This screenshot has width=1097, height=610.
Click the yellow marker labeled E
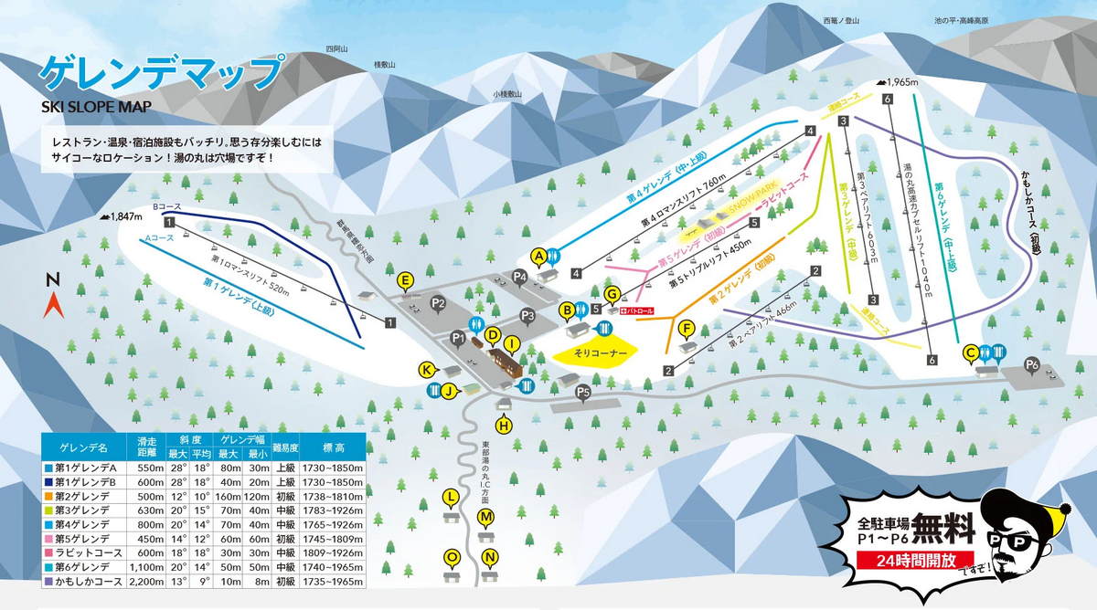click(x=406, y=279)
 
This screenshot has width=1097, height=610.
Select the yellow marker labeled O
click(x=451, y=556)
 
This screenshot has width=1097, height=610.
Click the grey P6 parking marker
click(x=1032, y=365)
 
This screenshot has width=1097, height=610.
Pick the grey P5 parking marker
click(x=584, y=392)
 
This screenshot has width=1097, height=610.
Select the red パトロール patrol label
click(x=637, y=311)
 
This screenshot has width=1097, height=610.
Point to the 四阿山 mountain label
click(x=337, y=49)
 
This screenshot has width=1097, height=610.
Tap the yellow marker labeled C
click(x=971, y=352)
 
